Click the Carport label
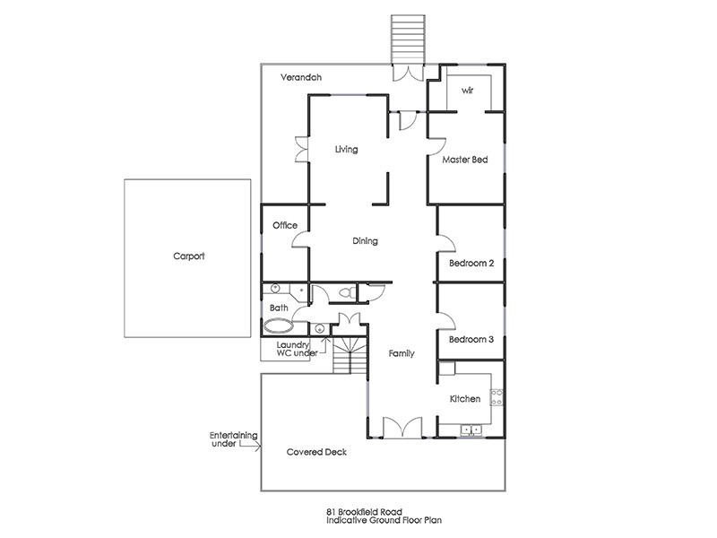click(188, 256)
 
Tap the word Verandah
click(300, 78)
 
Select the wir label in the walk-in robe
click(467, 91)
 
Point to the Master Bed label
click(465, 161)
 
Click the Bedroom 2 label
click(471, 264)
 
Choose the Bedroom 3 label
click(471, 340)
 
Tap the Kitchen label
click(464, 399)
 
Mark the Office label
click(284, 226)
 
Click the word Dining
click(365, 241)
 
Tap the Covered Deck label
click(316, 453)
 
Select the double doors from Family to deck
click(402, 428)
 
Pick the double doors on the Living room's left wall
click(301, 149)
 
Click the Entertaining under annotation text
click(234, 439)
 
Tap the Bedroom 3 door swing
click(447, 319)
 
